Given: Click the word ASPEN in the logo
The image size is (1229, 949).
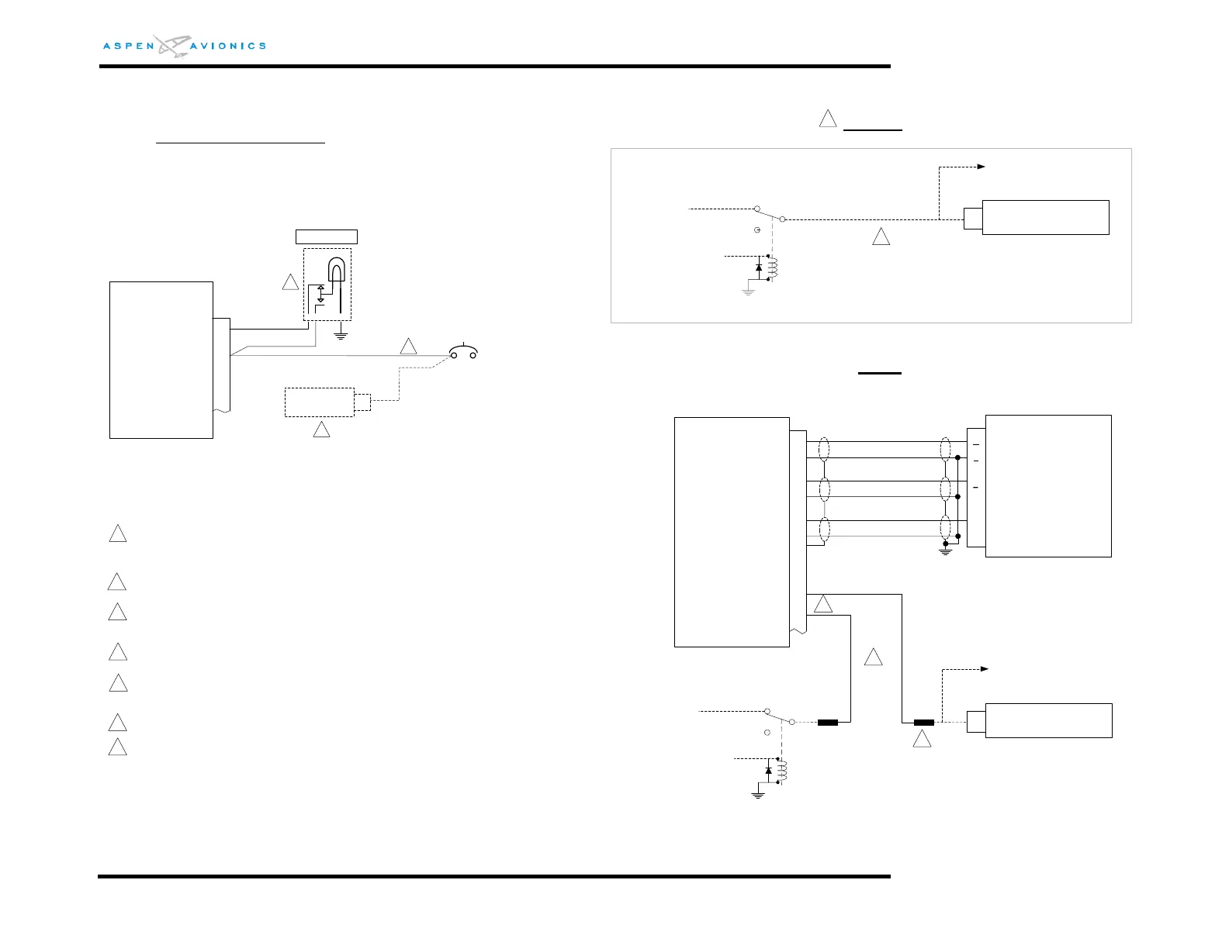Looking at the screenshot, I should coord(129,47).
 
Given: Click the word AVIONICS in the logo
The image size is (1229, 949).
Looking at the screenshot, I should coord(228,47).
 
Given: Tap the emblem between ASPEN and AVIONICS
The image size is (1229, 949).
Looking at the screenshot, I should coord(172,46).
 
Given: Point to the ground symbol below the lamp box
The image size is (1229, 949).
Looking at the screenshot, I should coord(340,336).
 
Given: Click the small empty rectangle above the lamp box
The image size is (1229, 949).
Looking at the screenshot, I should coord(327,236).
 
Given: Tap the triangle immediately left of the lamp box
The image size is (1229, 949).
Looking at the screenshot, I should coord(290,282).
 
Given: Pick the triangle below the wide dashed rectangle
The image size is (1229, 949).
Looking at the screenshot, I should coord(321,429).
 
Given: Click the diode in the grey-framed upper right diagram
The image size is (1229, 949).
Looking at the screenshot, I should coord(758,267).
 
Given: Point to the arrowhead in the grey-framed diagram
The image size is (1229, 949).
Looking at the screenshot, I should coord(981,167).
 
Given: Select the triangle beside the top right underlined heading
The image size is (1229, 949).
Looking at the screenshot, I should coord(828,119).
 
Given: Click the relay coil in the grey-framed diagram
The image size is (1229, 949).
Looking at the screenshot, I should coord(772,267).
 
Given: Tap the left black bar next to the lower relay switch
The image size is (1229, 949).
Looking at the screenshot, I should coord(828,723).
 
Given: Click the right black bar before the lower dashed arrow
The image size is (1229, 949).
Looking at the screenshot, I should coord(923,723).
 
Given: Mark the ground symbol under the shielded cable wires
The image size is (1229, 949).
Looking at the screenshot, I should coord(945,550).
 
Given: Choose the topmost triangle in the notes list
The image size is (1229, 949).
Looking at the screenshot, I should coord(117,534).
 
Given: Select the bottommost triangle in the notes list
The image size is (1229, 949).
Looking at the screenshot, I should coord(117,747).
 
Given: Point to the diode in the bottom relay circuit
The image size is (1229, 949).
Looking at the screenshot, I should coord(768,771).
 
